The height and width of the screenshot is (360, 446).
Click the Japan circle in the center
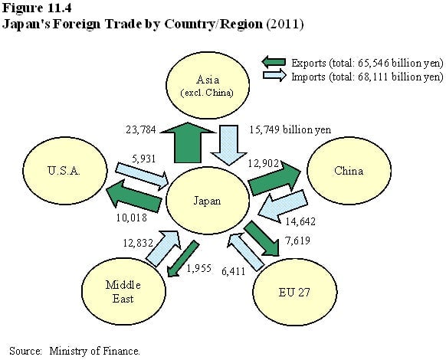(x=208, y=201)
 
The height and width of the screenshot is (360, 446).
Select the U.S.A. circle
(x=65, y=171)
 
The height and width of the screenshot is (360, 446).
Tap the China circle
(x=349, y=171)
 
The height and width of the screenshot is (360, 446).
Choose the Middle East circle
(x=123, y=292)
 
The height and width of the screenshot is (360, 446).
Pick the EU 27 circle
(x=295, y=292)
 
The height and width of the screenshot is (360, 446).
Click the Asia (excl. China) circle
(x=208, y=85)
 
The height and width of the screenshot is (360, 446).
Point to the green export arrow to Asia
(x=188, y=142)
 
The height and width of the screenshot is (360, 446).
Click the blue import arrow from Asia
(x=229, y=145)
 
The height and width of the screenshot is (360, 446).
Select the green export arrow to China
(x=274, y=178)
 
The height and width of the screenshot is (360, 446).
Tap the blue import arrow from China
(x=283, y=205)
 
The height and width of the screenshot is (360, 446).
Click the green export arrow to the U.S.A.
(x=133, y=197)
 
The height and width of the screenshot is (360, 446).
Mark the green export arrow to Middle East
(x=182, y=258)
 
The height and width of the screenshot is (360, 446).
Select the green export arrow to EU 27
(x=261, y=238)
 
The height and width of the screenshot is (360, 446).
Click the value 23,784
(x=141, y=130)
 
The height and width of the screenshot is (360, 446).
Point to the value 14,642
(x=300, y=221)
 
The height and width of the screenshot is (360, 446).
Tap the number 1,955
(x=199, y=268)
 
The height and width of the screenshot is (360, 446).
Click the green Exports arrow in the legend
(x=274, y=62)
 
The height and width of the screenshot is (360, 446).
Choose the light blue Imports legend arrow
(x=274, y=75)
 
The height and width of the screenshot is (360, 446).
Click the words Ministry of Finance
(x=94, y=351)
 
